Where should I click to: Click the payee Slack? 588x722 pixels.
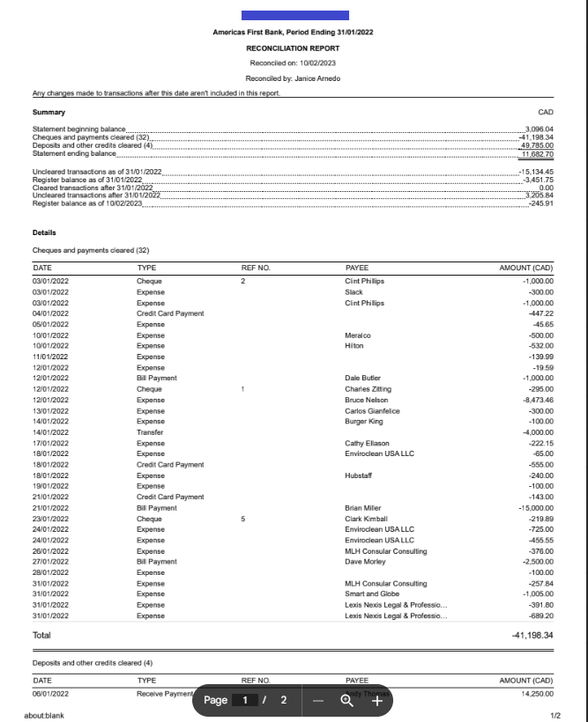point(354,291)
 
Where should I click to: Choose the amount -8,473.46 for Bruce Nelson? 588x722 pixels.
point(535,400)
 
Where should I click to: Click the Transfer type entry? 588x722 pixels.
point(150,432)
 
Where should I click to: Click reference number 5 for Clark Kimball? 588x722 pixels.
point(242,519)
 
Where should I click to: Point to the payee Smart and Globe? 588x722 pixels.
point(371,594)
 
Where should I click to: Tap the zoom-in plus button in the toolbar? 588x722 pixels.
point(376,701)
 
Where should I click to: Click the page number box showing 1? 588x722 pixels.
point(245,700)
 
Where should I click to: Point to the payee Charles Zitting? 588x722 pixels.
point(368,388)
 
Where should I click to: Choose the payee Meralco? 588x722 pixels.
point(358,335)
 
